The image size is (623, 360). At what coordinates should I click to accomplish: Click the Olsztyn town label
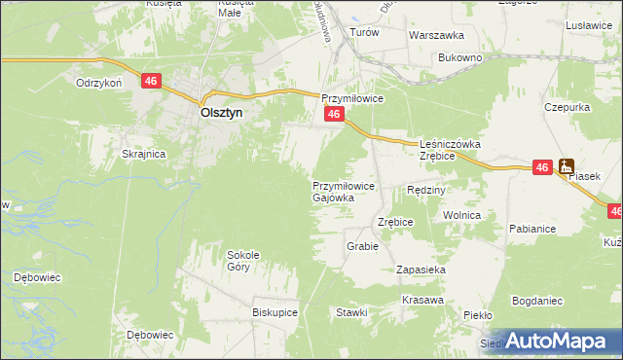point(221,112)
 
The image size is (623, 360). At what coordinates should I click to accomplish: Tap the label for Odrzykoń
point(98,83)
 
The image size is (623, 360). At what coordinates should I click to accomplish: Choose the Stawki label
point(351,312)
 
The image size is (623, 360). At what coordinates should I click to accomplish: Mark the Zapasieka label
point(421,269)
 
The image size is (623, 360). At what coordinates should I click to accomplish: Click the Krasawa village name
point(420,301)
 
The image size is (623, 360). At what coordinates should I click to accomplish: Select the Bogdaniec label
point(537,301)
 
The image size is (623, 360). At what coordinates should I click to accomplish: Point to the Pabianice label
point(531,229)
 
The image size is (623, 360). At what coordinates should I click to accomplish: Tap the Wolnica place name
point(462,215)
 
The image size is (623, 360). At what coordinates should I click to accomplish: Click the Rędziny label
point(426,190)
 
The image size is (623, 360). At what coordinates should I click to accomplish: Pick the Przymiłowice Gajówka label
point(338,191)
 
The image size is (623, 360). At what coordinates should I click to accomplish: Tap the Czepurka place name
point(565,107)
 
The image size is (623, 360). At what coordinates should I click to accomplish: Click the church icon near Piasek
point(566,166)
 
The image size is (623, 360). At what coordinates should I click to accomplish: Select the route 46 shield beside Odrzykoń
point(150,82)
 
